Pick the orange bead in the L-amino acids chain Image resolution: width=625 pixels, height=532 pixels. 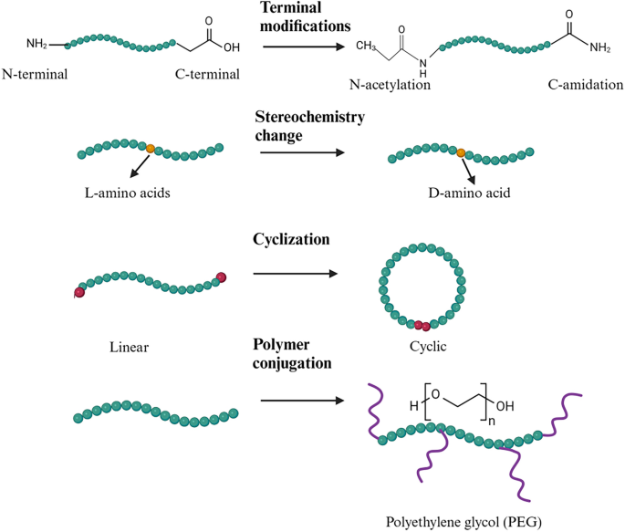click(x=151, y=147)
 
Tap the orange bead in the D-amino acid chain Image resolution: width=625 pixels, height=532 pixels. click(x=462, y=152)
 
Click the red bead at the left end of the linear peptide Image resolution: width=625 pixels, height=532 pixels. click(x=79, y=293)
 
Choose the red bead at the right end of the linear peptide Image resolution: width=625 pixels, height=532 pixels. click(x=220, y=276)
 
